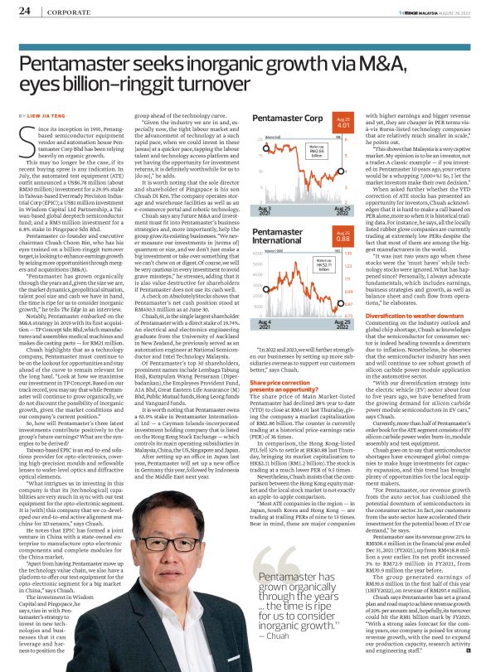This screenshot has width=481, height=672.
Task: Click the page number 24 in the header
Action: (24, 11)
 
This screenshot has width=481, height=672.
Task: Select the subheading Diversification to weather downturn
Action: (399, 315)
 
